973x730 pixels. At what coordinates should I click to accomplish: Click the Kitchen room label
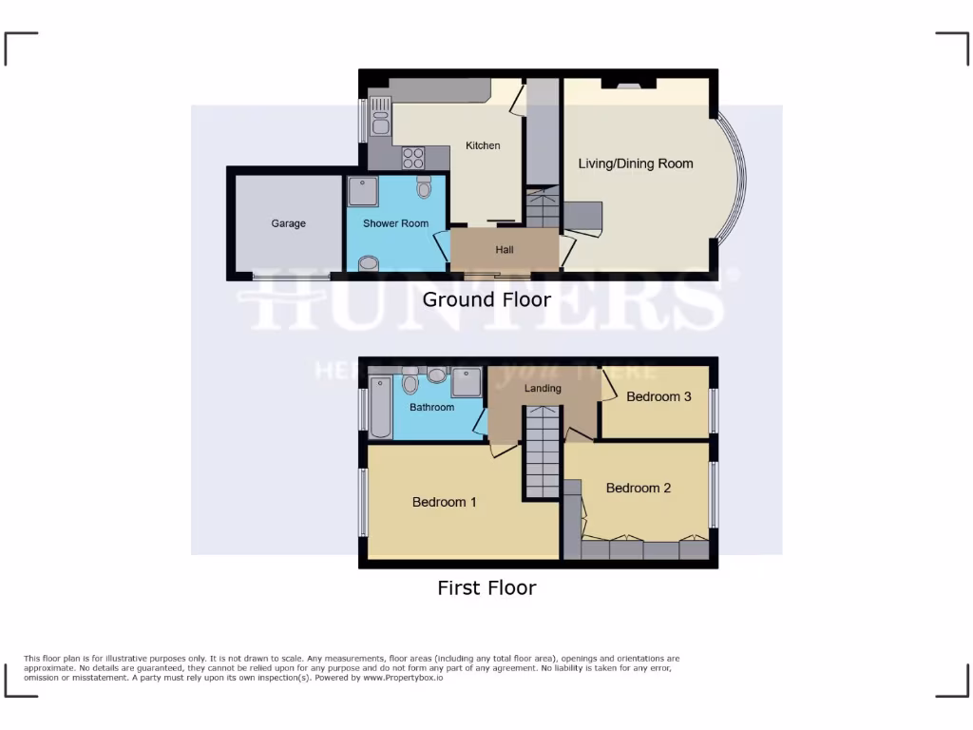point(482,145)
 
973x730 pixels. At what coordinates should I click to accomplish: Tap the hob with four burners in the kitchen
point(413,157)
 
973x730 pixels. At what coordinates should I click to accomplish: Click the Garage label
point(288,223)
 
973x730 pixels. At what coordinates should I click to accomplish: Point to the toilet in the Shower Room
point(424,186)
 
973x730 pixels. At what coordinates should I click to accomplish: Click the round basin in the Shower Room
point(370,263)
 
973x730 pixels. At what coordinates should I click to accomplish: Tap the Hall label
point(504,250)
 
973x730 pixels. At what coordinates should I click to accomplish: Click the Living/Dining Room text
point(636,163)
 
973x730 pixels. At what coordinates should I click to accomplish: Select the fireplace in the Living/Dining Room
point(627,85)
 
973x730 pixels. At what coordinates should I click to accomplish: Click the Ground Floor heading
point(486,299)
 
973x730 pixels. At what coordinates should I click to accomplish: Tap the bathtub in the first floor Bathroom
point(381,407)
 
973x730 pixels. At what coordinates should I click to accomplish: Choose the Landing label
point(543,388)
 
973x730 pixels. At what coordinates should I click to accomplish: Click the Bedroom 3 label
point(658,396)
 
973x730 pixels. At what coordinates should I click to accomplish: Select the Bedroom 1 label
point(444,502)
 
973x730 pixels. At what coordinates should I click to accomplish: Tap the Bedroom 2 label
point(639,488)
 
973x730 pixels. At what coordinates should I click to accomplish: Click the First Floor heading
point(486,587)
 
